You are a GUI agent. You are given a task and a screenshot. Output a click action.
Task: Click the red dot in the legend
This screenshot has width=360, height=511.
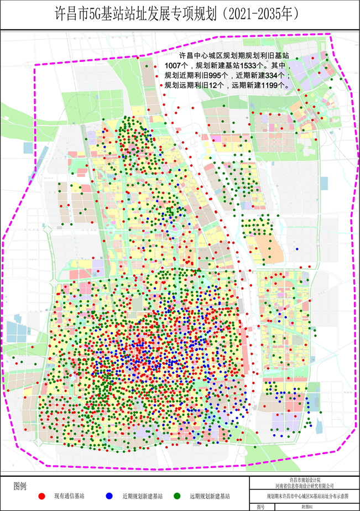tap(42, 496)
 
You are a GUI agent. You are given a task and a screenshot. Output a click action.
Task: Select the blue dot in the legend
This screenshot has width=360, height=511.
tap(109, 496)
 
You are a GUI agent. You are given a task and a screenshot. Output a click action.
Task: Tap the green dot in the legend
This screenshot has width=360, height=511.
tap(178, 496)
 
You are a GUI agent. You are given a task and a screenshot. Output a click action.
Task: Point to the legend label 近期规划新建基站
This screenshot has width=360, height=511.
tap(139, 497)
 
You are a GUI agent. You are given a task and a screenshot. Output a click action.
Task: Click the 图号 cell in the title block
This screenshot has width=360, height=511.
tap(260, 506)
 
